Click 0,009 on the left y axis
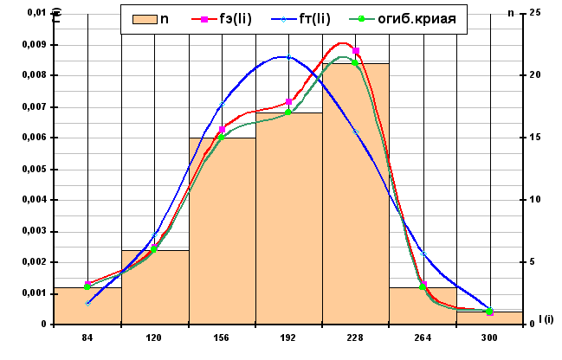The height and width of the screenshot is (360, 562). click(x=34, y=44)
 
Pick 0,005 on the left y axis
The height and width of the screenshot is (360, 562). click(x=34, y=169)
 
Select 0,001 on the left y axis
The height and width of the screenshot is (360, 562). click(x=34, y=293)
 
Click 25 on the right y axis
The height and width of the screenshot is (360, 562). click(x=534, y=13)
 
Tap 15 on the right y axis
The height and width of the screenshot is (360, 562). click(x=534, y=138)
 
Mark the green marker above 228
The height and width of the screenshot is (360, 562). click(x=355, y=62)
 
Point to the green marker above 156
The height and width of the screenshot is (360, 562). click(x=221, y=137)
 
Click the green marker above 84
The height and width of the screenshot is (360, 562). click(x=87, y=286)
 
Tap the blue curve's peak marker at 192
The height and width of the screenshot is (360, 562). click(x=287, y=58)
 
